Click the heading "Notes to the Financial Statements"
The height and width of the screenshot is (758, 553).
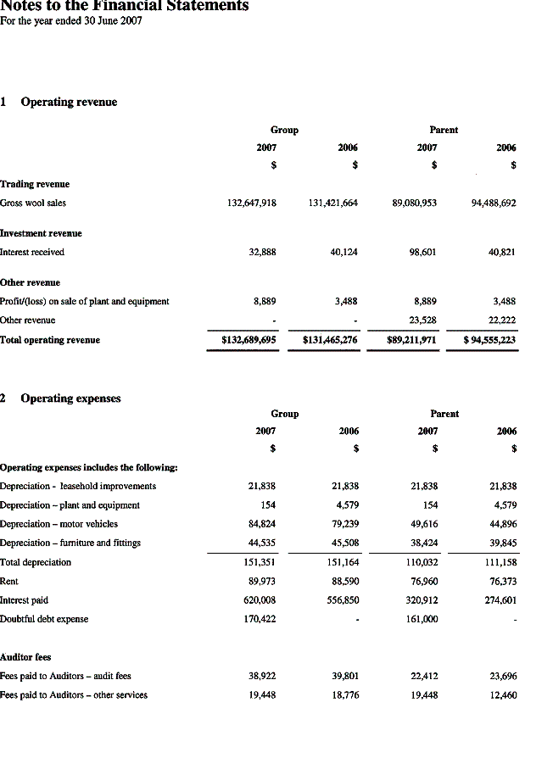pyautogui.click(x=125, y=6)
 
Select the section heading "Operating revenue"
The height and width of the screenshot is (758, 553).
pyautogui.click(x=69, y=102)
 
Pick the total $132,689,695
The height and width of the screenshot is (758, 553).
pyautogui.click(x=249, y=340)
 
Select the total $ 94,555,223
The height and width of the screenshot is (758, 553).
pyautogui.click(x=489, y=340)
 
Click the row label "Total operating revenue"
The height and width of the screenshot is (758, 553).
pyautogui.click(x=50, y=340)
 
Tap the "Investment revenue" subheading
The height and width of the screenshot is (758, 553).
pyautogui.click(x=41, y=233)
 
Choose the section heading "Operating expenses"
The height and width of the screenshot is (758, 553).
pyautogui.click(x=70, y=399)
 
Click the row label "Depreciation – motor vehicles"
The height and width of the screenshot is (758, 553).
pyautogui.click(x=59, y=524)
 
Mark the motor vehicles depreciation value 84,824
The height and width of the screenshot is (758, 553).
pyautogui.click(x=260, y=524)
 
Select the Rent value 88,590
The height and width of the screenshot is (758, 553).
pyautogui.click(x=343, y=582)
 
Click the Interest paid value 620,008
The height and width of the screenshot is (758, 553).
pyautogui.click(x=257, y=600)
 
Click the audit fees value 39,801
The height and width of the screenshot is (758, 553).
pyautogui.click(x=343, y=677)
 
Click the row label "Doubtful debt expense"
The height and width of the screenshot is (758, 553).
pyautogui.click(x=43, y=619)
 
